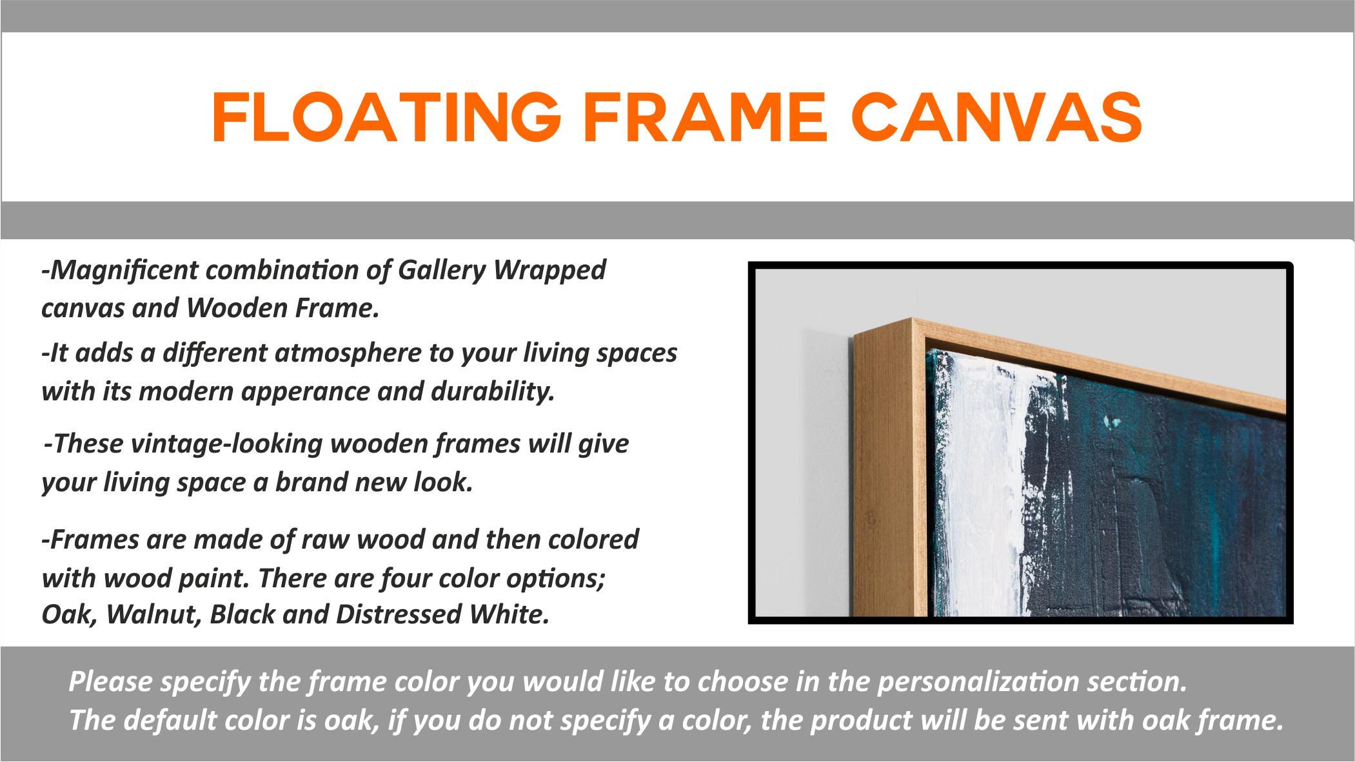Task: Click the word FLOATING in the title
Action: (386, 117)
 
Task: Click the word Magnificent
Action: (118, 270)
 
